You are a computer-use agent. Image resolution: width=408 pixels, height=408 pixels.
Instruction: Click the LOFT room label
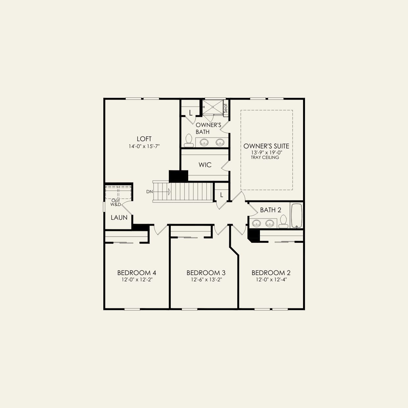pos(144,139)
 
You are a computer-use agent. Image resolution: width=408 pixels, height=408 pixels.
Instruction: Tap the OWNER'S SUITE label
pos(266,146)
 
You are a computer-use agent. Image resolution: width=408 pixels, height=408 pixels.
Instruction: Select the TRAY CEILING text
pos(265,158)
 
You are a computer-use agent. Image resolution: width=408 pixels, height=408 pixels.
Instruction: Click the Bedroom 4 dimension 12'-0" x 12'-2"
pos(137,280)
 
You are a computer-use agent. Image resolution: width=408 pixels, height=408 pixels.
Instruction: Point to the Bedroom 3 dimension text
pos(206,280)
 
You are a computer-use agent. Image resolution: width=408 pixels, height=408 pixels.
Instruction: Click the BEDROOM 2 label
pos(271,273)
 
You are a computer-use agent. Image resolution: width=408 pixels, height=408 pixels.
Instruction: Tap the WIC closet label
pos(205,165)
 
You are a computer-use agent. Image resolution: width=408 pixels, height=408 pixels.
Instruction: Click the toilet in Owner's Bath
pos(189,140)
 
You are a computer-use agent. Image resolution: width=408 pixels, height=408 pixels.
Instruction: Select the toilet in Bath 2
pos(283,222)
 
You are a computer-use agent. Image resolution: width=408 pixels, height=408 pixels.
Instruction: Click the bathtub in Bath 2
pos(296,216)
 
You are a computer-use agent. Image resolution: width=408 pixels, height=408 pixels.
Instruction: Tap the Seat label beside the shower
pos(226,108)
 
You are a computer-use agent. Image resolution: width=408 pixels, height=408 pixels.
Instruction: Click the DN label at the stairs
pos(149,191)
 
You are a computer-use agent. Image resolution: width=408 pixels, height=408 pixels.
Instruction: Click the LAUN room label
pos(119,217)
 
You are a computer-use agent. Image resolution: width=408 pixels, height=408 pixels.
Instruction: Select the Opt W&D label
pos(116,202)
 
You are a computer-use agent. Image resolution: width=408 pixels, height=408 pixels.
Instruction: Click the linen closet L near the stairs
pos(221,195)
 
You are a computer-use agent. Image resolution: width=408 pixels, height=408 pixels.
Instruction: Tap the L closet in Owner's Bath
pos(191,113)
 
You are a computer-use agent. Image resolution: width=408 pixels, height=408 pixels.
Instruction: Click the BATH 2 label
pos(270,210)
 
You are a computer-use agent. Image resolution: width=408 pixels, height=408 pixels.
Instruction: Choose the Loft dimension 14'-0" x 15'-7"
pos(144,146)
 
